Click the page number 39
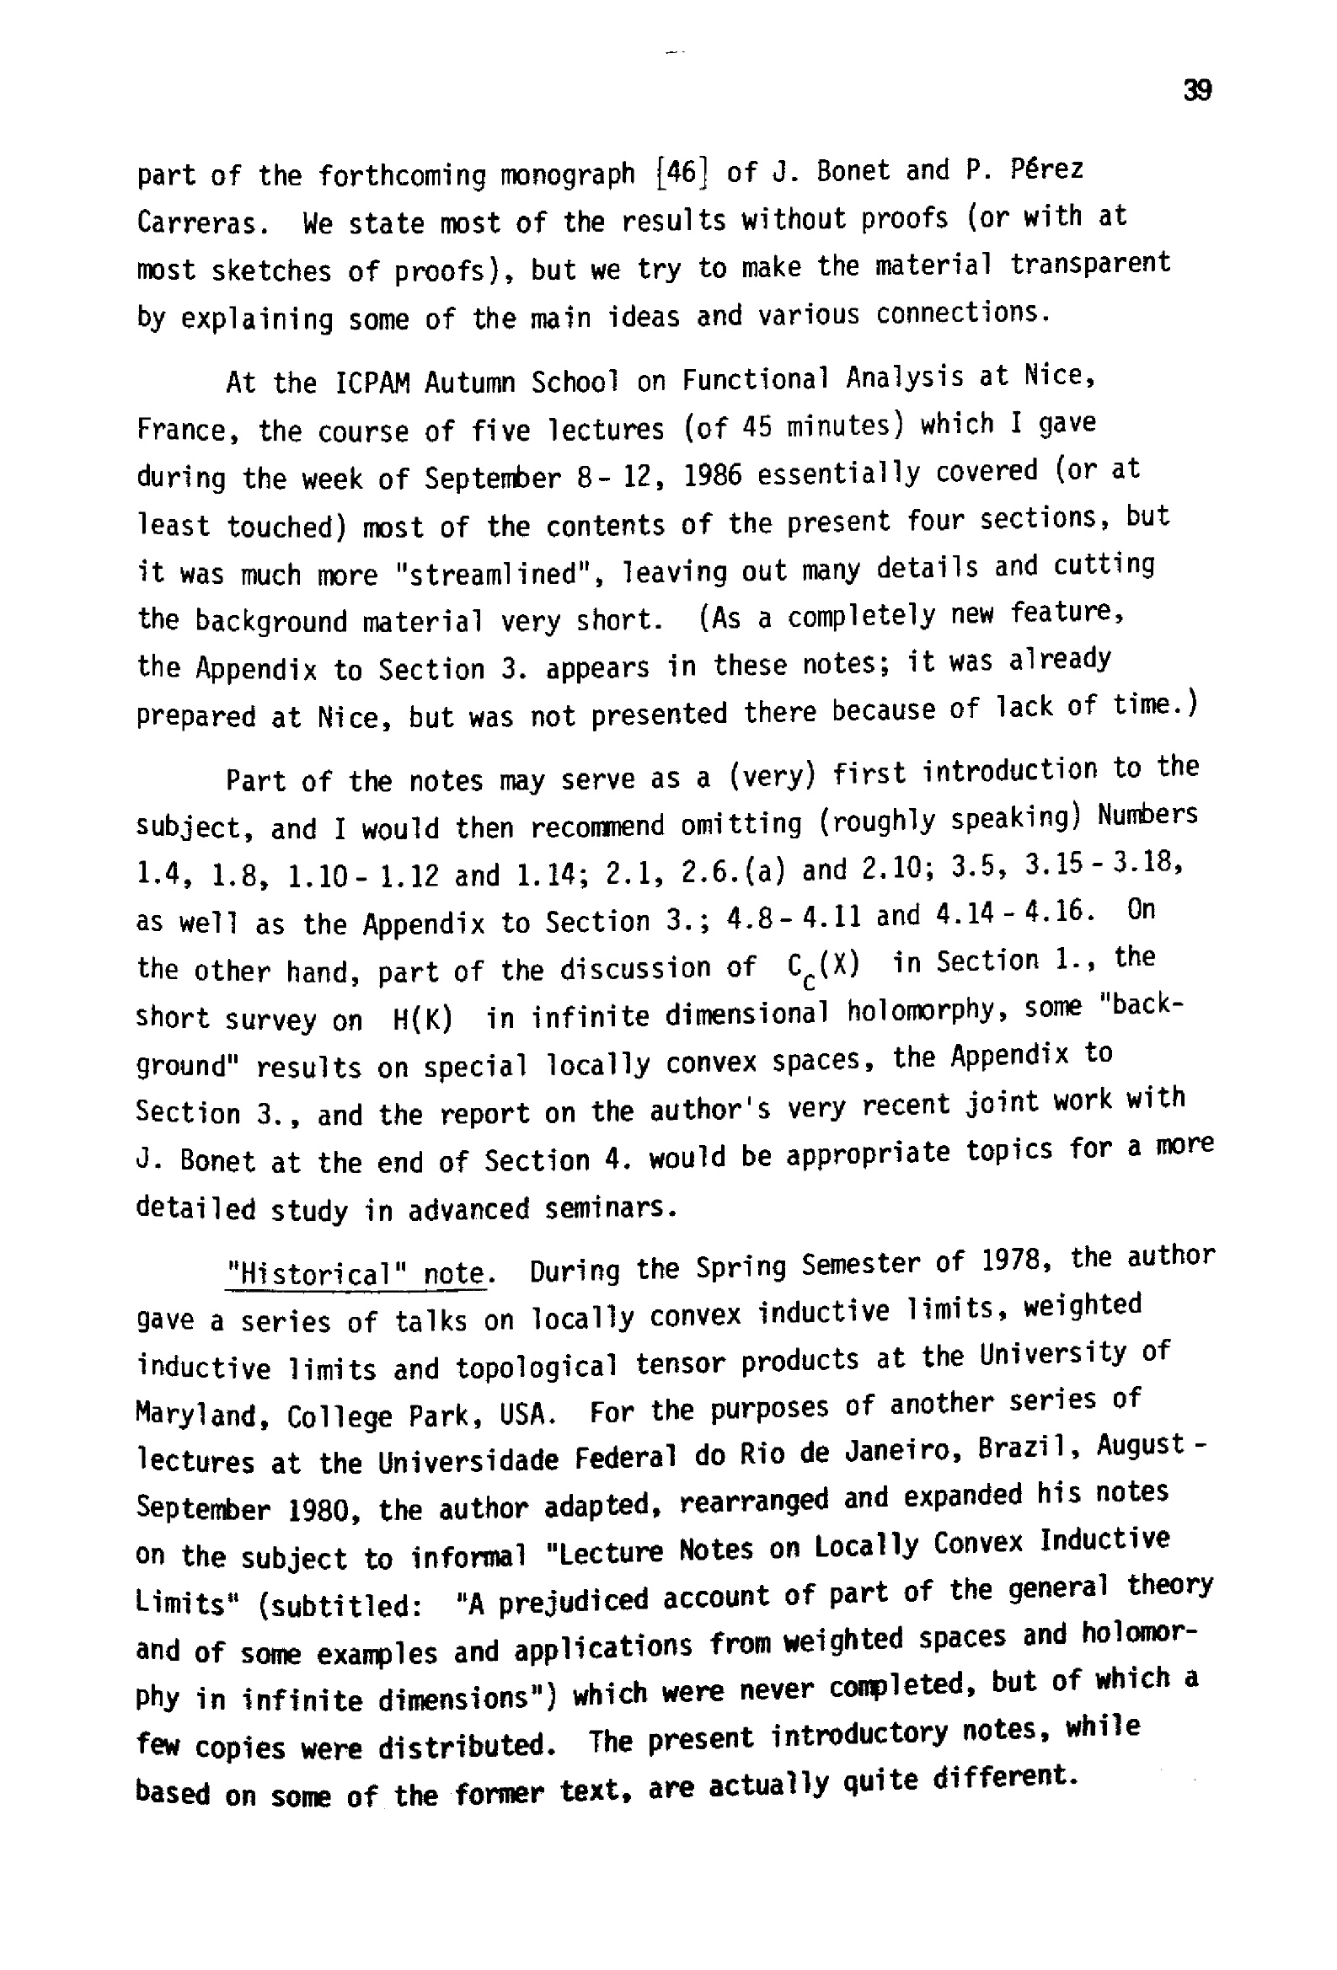click(1197, 90)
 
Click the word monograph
click(567, 174)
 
